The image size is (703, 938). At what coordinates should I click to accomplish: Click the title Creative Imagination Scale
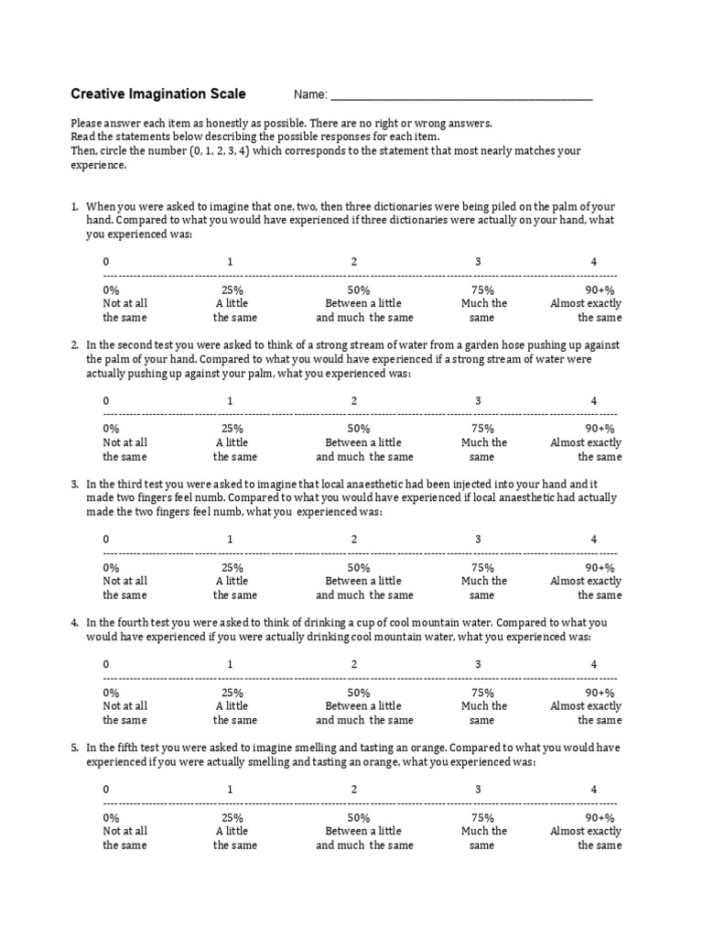click(x=158, y=94)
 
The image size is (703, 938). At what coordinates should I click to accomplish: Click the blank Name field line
click(x=460, y=96)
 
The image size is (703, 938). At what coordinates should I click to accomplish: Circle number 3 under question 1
click(x=478, y=262)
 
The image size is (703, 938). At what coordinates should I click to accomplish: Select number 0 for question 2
click(x=106, y=401)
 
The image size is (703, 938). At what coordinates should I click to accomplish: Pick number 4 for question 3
click(x=594, y=540)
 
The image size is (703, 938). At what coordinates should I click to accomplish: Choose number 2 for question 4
click(x=354, y=664)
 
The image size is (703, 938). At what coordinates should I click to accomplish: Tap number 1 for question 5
click(x=230, y=790)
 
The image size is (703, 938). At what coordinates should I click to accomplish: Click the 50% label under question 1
click(x=359, y=290)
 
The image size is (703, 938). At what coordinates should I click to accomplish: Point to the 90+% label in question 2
click(x=600, y=429)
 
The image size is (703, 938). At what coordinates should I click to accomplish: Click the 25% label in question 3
click(x=232, y=568)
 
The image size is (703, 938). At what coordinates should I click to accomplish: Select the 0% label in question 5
click(x=111, y=818)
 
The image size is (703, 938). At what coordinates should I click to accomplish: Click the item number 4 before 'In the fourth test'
click(x=74, y=623)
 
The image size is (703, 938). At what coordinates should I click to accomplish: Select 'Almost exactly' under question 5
click(x=586, y=832)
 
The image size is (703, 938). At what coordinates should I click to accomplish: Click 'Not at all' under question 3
click(x=125, y=582)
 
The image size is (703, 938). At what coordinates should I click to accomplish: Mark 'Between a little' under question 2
click(x=363, y=442)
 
